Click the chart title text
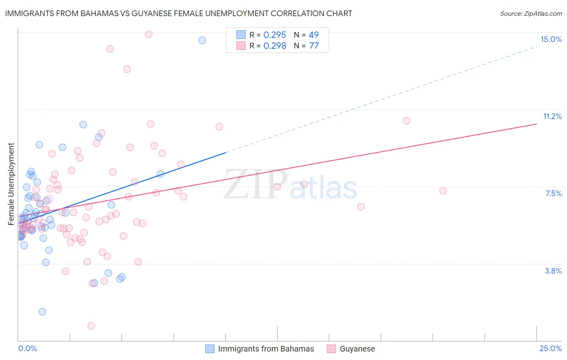tap(178, 13)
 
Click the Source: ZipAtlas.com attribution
tap(531, 13)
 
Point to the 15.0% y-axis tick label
tap(551, 39)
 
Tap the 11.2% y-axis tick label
tap(552, 116)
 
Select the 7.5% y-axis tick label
tap(553, 193)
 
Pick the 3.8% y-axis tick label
tap(553, 271)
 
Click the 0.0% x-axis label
tap(27, 348)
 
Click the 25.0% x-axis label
tap(550, 348)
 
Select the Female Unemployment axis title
tap(11, 184)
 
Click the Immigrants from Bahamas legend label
tap(266, 349)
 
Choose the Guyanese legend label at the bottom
tap(357, 349)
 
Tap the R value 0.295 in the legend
tap(275, 35)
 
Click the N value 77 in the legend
tap(314, 46)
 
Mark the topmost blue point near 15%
tap(202, 40)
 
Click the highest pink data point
tap(148, 34)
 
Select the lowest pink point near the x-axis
tap(91, 326)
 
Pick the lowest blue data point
tap(42, 312)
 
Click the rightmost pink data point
tap(443, 190)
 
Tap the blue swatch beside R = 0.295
tap(241, 35)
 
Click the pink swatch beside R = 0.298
tap(241, 46)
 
